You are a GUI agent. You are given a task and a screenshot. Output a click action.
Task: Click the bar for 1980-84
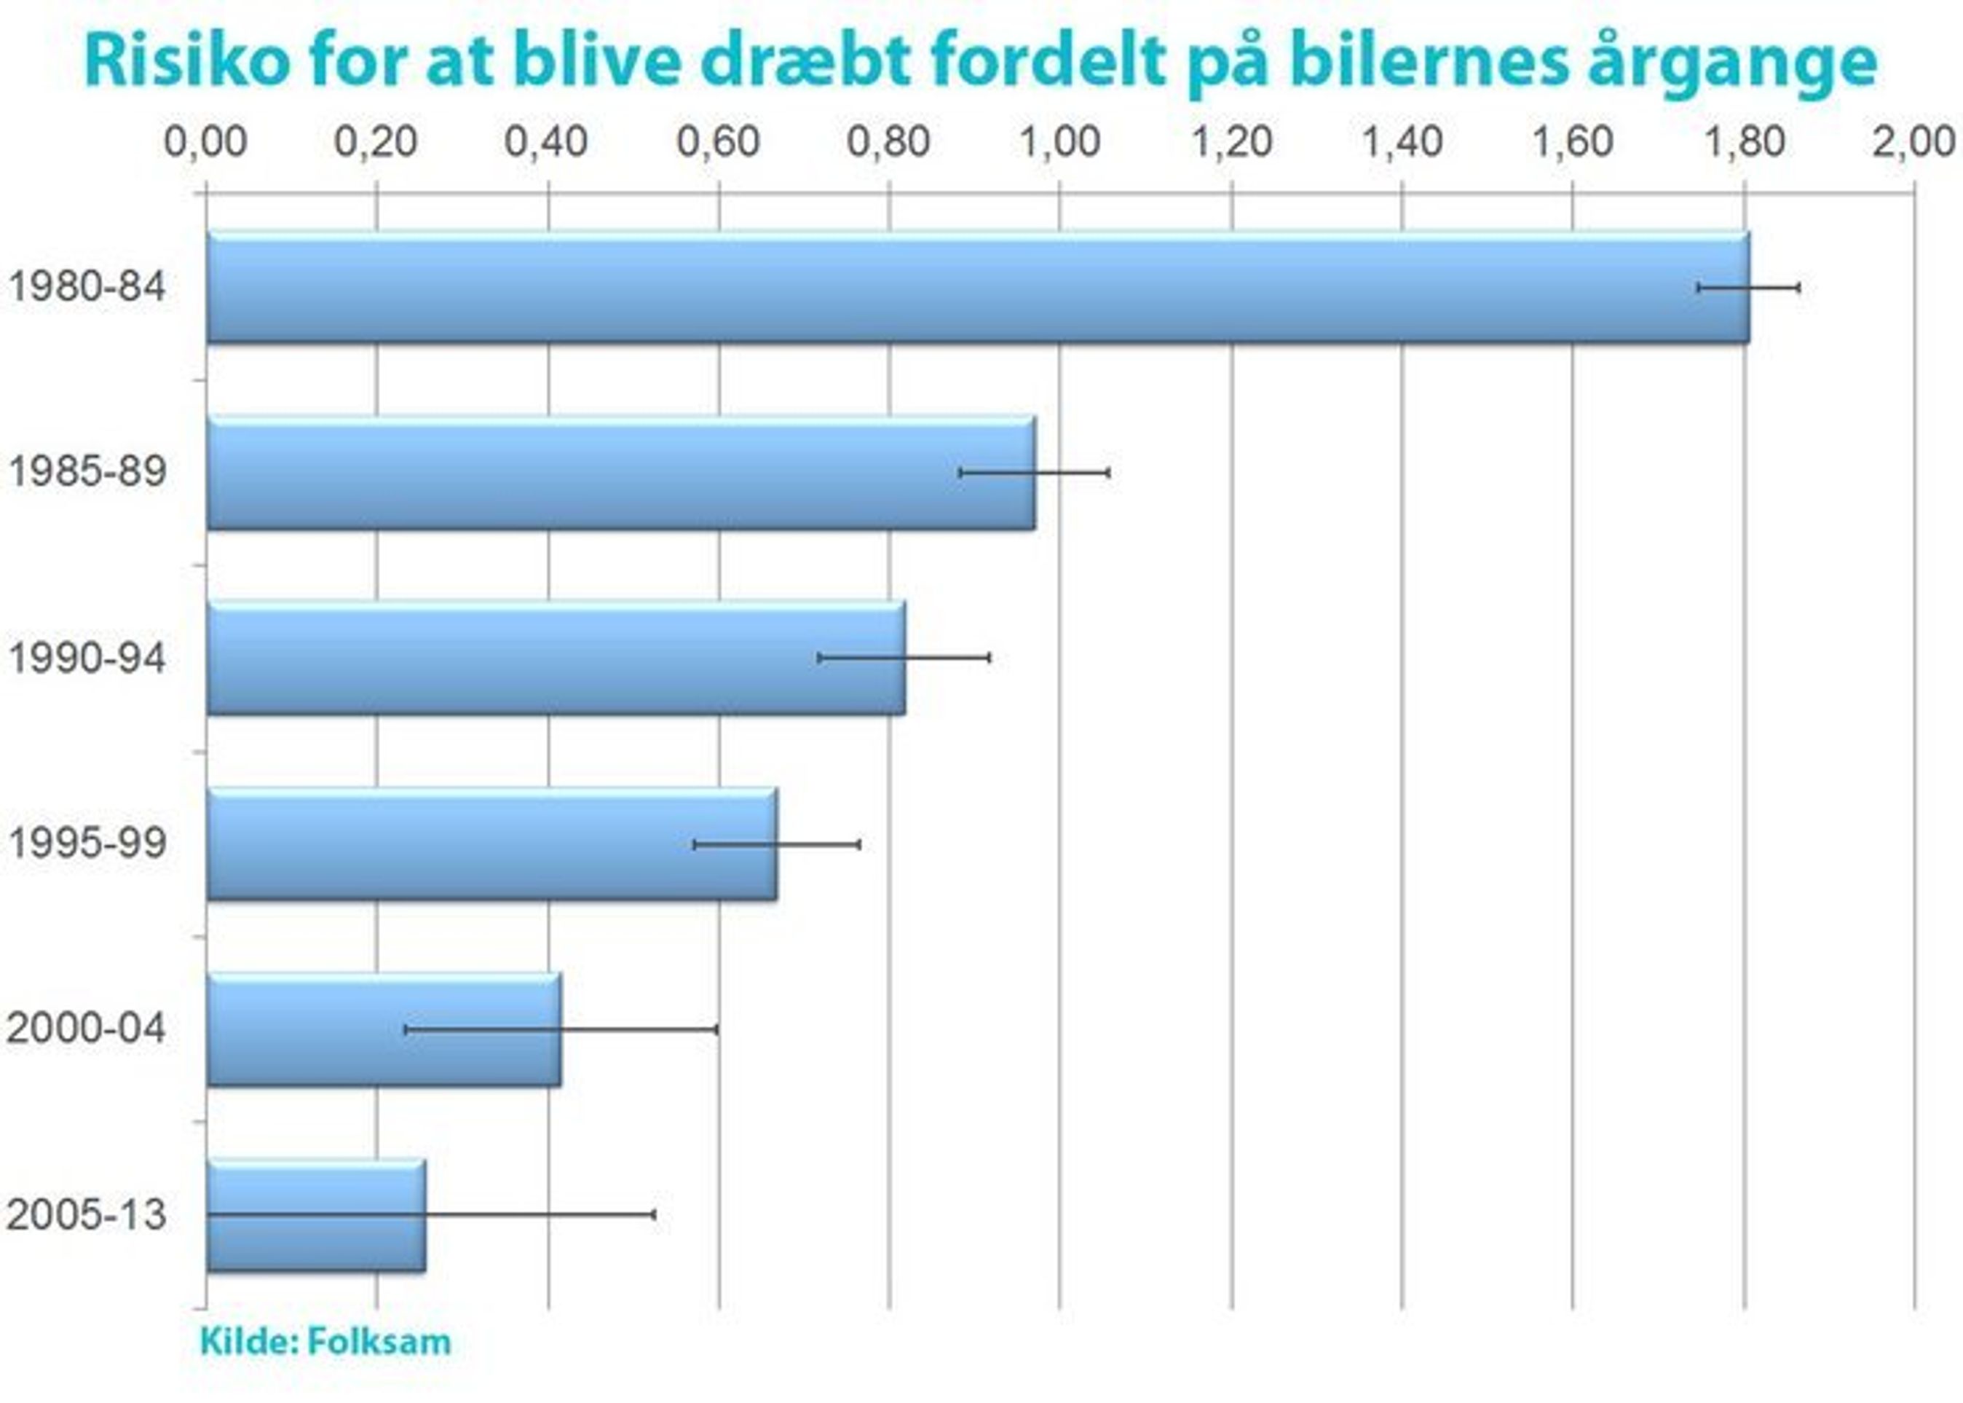976,287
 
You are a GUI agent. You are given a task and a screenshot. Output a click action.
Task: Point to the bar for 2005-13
315,1214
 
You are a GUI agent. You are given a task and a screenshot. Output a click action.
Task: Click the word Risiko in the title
186,62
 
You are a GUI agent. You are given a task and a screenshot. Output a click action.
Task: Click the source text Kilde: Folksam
325,1342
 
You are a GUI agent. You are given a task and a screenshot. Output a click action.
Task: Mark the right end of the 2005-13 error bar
654,1214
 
